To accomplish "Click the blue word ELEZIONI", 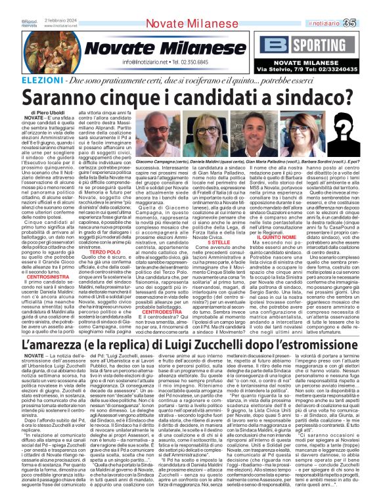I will click(23, 78).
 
